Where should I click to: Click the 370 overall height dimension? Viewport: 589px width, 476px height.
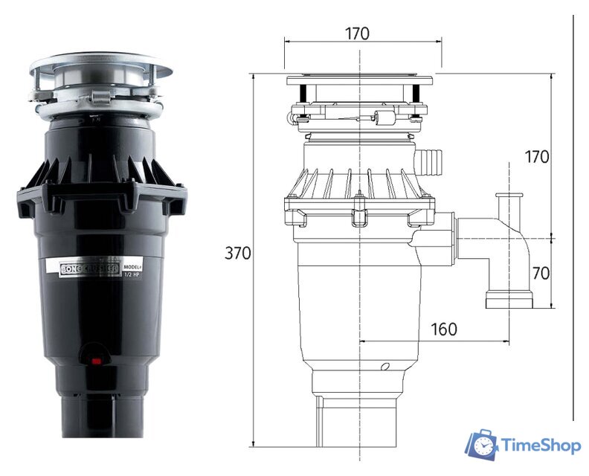[x=237, y=254]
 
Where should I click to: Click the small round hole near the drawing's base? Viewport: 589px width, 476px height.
[x=385, y=367]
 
